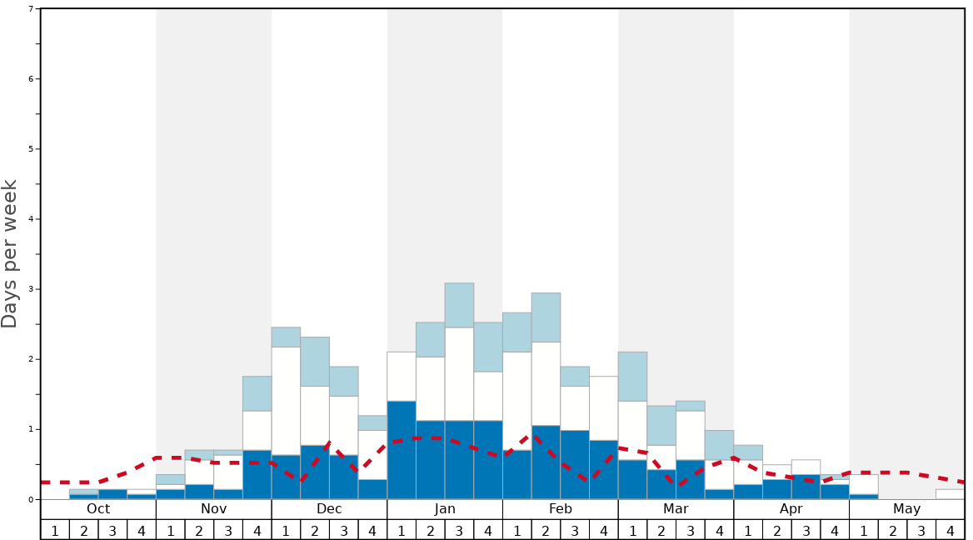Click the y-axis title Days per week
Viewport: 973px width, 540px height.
tap(10, 253)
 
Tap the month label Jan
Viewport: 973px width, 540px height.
tap(445, 509)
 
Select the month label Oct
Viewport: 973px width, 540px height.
tap(98, 509)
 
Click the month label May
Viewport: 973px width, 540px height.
tap(907, 509)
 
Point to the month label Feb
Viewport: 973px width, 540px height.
tap(561, 509)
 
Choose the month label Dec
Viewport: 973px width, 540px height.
tap(329, 509)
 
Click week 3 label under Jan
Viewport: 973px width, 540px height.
tap(459, 530)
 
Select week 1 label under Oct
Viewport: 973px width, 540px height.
tap(55, 530)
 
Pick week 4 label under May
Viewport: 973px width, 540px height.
tap(951, 530)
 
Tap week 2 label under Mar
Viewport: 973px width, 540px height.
tap(661, 530)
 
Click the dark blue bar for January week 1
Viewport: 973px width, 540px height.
tap(402, 450)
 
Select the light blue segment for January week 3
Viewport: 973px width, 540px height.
tap(459, 305)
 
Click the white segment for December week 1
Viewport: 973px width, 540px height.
tap(286, 401)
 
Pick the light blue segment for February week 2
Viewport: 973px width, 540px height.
tap(546, 317)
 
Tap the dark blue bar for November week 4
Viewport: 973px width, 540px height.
tap(257, 474)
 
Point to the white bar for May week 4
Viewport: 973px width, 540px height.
tap(951, 494)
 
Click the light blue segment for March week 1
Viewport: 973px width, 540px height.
tap(632, 377)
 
